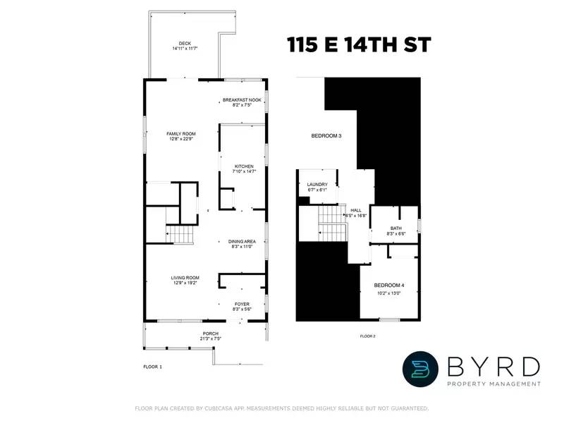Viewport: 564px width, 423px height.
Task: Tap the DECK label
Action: click(185, 43)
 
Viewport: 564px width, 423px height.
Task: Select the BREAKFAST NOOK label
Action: click(242, 100)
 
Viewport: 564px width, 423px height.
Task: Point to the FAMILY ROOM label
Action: click(180, 133)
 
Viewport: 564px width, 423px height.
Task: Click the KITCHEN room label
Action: click(243, 166)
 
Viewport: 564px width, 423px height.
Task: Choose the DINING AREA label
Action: click(241, 241)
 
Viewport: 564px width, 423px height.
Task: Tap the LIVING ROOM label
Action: click(185, 278)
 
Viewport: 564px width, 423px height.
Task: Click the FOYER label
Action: click(242, 304)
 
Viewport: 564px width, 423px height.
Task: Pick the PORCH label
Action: click(210, 333)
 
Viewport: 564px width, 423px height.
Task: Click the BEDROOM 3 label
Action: click(326, 135)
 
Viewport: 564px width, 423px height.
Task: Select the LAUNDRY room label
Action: click(317, 185)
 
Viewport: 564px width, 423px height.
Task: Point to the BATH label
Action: click(396, 228)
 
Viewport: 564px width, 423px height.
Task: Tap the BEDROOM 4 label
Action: click(388, 285)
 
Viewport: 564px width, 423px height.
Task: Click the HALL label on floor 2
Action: click(356, 210)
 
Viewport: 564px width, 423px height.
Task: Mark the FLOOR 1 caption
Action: click(152, 367)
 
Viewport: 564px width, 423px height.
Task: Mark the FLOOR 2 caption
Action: click(367, 336)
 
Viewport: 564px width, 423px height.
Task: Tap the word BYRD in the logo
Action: click(493, 366)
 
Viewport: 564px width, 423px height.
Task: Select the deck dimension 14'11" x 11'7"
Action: click(185, 49)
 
